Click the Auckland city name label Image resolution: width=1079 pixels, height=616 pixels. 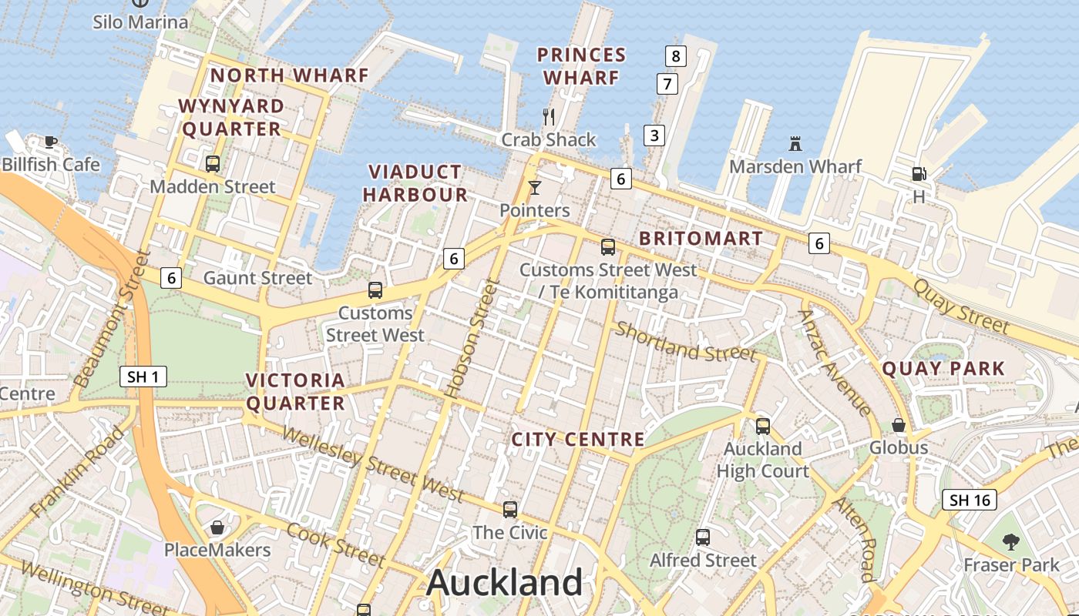pos(505,583)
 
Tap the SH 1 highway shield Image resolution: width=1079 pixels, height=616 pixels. pos(143,377)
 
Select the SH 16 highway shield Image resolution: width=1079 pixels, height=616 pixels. pos(970,500)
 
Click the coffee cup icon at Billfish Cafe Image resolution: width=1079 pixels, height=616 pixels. pos(51,142)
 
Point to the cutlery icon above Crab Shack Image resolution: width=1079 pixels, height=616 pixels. pos(549,117)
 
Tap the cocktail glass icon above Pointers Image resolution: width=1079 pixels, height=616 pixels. pos(535,187)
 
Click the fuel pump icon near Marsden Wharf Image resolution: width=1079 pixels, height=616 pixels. pos(919,174)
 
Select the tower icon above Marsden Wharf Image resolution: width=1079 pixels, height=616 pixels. pos(795,143)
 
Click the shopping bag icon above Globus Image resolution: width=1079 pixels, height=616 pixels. pos(899,425)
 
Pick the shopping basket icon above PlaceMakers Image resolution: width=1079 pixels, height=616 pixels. pos(217,527)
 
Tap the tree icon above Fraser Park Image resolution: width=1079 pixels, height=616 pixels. pos(1011,542)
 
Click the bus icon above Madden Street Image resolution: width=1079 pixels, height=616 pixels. pos(213,163)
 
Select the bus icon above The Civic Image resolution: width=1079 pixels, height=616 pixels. pos(510,509)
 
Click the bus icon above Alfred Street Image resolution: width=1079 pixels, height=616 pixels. pos(703,537)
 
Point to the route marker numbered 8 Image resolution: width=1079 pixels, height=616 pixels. pos(676,55)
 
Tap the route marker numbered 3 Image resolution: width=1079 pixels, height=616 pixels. pos(654,136)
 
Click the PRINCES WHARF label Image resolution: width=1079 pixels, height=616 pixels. pos(581,66)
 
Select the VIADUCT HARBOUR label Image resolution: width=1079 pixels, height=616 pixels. pos(415,183)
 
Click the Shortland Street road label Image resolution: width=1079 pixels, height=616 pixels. pos(685,342)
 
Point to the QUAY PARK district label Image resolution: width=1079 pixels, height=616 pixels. pos(943,369)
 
